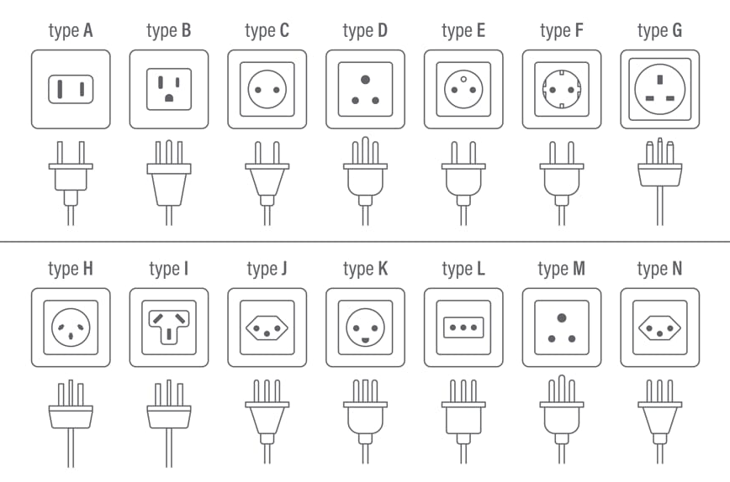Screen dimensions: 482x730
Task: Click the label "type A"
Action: click(x=71, y=32)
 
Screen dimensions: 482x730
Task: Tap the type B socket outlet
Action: click(x=169, y=89)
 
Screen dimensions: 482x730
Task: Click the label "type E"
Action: click(x=463, y=32)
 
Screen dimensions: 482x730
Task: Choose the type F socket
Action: click(x=561, y=89)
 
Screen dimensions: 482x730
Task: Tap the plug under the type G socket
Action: click(x=659, y=168)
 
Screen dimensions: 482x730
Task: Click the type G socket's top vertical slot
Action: click(x=659, y=76)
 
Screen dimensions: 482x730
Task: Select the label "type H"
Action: click(x=71, y=270)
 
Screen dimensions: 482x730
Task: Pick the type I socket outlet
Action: click(x=169, y=327)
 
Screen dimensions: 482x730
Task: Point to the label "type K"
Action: click(x=365, y=270)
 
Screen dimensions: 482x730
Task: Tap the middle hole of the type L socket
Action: click(x=463, y=327)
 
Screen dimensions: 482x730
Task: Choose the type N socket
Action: click(x=659, y=327)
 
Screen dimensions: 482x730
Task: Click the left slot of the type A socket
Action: click(x=60, y=89)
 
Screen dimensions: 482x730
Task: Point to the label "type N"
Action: click(x=659, y=270)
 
